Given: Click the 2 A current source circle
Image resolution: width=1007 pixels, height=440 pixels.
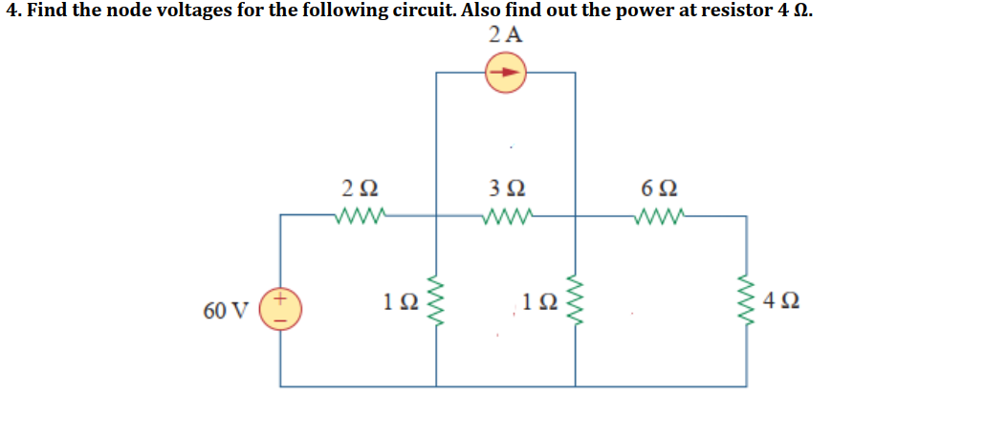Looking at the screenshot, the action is [x=506, y=73].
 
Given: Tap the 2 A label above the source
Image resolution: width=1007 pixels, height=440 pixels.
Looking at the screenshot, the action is [x=505, y=35].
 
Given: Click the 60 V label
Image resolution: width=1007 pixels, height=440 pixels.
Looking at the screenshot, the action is [x=226, y=310].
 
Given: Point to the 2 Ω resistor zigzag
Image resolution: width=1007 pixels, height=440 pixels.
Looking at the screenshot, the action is [x=361, y=214].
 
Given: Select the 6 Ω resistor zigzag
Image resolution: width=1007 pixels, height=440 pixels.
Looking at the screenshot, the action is [x=661, y=214].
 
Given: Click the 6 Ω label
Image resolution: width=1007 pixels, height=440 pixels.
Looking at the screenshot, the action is [x=661, y=188].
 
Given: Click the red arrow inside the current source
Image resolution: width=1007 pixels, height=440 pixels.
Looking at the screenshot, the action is [x=506, y=73].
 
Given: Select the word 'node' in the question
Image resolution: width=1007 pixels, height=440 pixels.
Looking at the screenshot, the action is [x=159, y=11].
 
